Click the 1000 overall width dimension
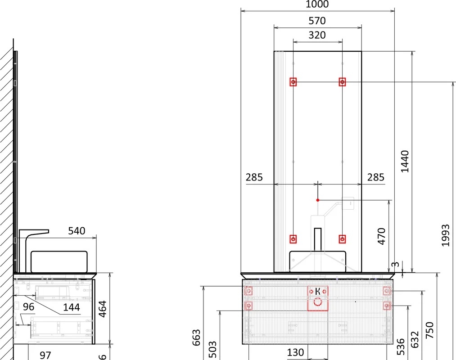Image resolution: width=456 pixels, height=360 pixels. [317, 4]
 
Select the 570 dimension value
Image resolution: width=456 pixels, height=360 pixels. [317, 21]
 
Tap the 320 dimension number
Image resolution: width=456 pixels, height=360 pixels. [317, 35]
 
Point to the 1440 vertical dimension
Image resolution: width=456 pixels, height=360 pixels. [405, 162]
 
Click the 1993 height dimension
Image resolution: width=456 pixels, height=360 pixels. [445, 235]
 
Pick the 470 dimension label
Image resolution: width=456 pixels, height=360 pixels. [381, 236]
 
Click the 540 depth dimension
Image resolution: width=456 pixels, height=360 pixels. [77, 231]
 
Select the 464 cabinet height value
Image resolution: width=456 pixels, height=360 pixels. [102, 309]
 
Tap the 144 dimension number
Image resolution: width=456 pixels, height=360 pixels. [72, 307]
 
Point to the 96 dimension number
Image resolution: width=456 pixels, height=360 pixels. [28, 307]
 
